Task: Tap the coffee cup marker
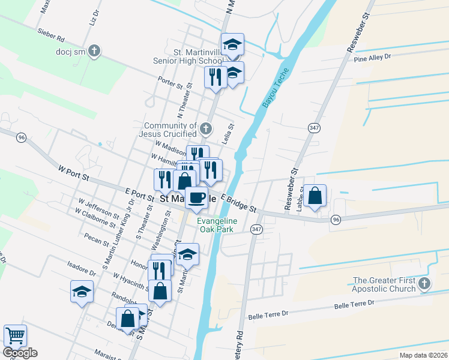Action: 196,197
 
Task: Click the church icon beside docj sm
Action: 94,52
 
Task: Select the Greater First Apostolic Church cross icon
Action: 424,284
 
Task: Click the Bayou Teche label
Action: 275,88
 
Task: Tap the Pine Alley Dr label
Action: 372,57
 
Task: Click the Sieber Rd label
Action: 50,37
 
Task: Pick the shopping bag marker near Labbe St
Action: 315,196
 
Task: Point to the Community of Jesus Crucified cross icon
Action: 206,128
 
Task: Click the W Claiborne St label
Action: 95,218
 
